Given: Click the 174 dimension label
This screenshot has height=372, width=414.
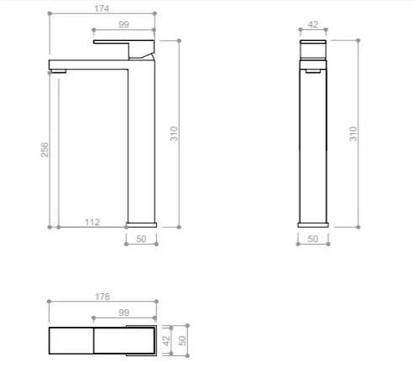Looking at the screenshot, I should click(x=103, y=8).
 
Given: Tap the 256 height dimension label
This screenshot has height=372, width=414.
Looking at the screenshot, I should click(x=45, y=148).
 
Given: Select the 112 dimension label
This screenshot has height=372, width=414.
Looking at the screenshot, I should click(x=92, y=222).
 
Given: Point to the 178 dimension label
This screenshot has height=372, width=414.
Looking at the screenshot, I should click(x=103, y=297).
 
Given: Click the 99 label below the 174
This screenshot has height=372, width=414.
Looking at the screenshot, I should click(x=123, y=27).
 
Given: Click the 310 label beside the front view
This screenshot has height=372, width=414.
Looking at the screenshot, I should click(x=175, y=133).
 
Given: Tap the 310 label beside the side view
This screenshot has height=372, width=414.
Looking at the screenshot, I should click(x=354, y=133).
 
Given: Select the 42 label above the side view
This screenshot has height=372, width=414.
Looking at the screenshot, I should click(x=312, y=26).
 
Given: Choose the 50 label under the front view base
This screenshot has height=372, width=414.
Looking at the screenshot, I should click(x=140, y=240).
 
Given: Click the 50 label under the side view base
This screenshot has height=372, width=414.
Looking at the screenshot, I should click(x=312, y=240).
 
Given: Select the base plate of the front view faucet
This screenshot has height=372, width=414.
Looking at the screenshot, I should click(x=141, y=224).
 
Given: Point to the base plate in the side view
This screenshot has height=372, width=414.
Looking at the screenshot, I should click(x=312, y=224).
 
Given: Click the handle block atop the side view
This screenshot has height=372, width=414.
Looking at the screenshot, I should click(x=312, y=49).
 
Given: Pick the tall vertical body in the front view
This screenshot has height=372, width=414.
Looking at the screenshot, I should click(x=141, y=142).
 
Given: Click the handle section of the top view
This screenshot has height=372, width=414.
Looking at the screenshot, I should click(x=123, y=340).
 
